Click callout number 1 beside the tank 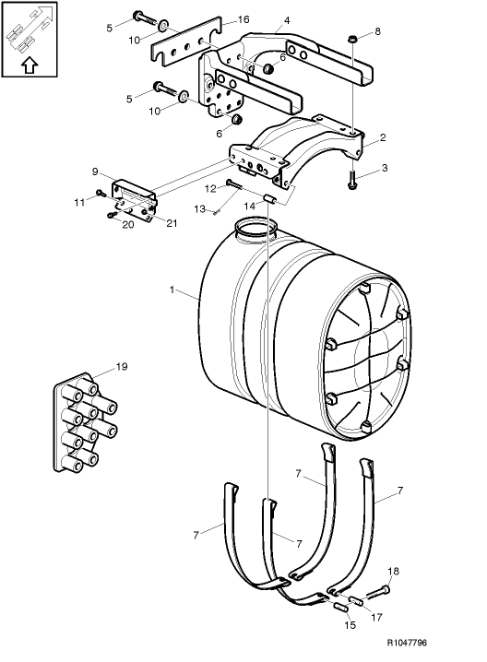[172, 290]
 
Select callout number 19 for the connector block [122, 367]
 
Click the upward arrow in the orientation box [29, 65]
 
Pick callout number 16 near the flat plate [244, 18]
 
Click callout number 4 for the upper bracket [287, 19]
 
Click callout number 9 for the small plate [95, 171]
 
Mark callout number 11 [79, 201]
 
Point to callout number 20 [129, 225]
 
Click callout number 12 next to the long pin [209, 188]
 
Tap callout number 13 [198, 209]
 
